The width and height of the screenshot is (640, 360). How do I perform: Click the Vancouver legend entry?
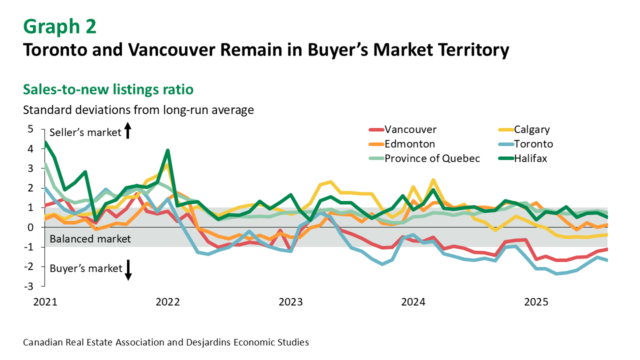click(x=410, y=130)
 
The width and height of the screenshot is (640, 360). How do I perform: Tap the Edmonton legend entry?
click(x=409, y=144)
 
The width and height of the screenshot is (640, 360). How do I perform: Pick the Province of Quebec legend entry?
click(x=432, y=158)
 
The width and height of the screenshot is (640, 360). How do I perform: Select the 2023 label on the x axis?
click(x=290, y=302)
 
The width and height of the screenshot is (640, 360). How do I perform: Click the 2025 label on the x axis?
click(x=535, y=302)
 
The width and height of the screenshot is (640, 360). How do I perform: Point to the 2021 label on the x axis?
click(x=45, y=302)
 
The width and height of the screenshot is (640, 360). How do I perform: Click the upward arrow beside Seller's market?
click(x=127, y=131)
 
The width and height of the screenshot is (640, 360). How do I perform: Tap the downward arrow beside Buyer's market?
click(x=127, y=270)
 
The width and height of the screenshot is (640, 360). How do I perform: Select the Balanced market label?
click(x=90, y=239)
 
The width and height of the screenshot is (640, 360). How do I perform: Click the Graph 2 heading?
click(x=59, y=26)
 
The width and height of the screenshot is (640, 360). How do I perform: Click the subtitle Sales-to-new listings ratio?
click(x=108, y=89)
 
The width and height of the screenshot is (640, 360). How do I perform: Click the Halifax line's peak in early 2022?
click(x=168, y=150)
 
